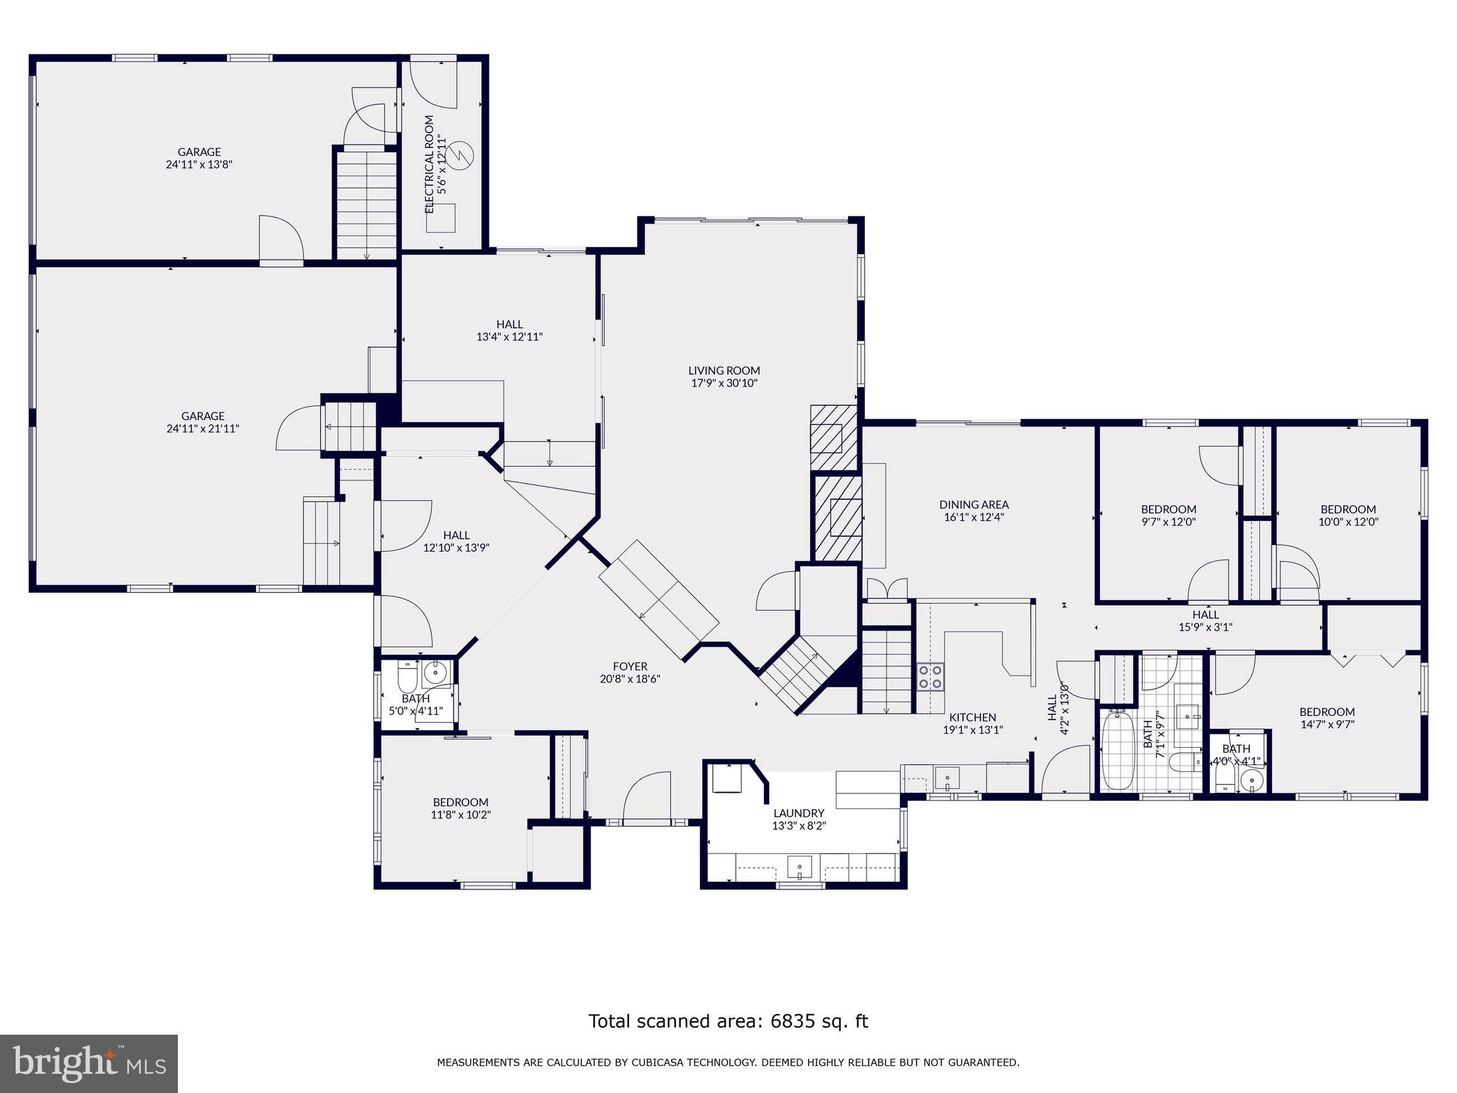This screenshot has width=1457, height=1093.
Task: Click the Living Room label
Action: pos(724,370)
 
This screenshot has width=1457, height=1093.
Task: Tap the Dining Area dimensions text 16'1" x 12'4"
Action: pos(973,517)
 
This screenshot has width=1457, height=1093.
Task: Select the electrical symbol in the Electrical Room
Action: pos(461,156)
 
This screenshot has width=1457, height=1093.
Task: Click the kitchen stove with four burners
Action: pos(930,676)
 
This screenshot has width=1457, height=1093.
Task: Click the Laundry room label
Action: pos(798,813)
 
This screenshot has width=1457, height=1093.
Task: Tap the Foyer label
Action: pos(630,666)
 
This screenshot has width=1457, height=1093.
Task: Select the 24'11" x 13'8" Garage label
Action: pos(199,152)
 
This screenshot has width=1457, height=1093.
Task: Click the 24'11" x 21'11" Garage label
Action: pos(203,416)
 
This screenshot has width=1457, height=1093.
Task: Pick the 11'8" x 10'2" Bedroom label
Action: pos(460,802)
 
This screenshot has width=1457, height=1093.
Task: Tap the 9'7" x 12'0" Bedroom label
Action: pos(1168,509)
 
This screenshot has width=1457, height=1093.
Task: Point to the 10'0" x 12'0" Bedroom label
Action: pos(1348,509)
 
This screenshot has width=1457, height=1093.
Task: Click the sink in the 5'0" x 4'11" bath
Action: pos(434,671)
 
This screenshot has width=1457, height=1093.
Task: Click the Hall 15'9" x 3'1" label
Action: pos(1205,614)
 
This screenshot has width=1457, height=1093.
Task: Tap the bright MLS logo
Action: pos(89,1063)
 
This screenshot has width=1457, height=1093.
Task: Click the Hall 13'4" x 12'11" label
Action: pos(509,324)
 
